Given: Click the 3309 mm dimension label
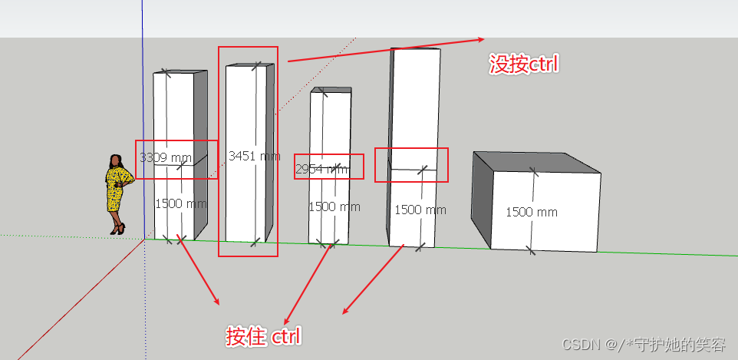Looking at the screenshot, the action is pyautogui.click(x=165, y=158).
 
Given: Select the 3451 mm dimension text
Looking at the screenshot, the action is pyautogui.click(x=254, y=156).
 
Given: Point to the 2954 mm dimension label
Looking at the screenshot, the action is pyautogui.click(x=321, y=169).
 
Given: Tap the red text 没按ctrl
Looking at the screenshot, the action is pyautogui.click(x=525, y=64).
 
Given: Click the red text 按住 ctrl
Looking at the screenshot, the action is pyautogui.click(x=263, y=336).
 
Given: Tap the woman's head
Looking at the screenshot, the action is pyautogui.click(x=116, y=160).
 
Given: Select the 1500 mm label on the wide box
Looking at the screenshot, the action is pyautogui.click(x=531, y=212).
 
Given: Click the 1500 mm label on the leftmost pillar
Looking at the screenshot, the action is pyautogui.click(x=181, y=204).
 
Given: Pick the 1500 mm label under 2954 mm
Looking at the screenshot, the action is pyautogui.click(x=334, y=206).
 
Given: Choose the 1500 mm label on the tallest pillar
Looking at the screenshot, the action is pyautogui.click(x=420, y=210).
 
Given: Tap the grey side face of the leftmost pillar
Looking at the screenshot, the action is pyautogui.click(x=200, y=154).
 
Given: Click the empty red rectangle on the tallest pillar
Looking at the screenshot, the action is pyautogui.click(x=410, y=164).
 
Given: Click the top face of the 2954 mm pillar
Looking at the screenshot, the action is pyautogui.click(x=331, y=90).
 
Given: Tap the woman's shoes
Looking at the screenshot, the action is pyautogui.click(x=117, y=228).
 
